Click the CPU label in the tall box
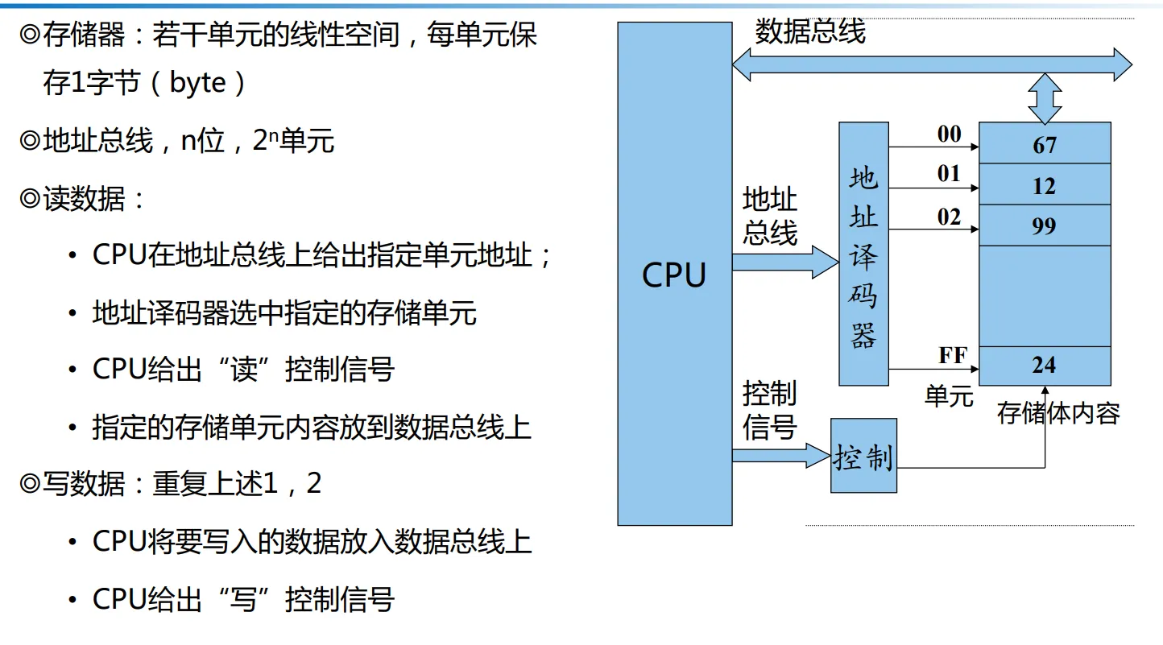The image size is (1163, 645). (674, 275)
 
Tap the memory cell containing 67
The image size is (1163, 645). (1045, 144)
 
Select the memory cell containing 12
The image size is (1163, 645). (1045, 185)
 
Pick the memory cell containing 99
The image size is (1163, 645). (1045, 225)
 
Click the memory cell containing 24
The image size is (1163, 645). (1045, 365)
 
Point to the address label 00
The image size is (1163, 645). (950, 134)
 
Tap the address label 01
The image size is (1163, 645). (950, 173)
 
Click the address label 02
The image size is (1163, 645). (950, 216)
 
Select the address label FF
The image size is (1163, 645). (953, 355)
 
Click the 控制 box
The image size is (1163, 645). (863, 456)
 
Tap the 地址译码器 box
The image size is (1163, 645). (863, 254)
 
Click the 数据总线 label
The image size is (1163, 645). (810, 32)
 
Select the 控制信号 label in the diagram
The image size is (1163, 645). (770, 411)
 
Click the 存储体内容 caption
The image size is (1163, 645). (1058, 413)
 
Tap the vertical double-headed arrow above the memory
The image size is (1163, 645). (1045, 97)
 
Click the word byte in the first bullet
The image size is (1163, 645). (198, 83)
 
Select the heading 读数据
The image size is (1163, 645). (84, 198)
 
